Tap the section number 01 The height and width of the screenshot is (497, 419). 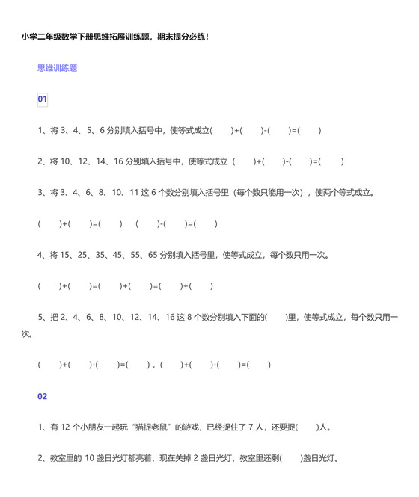click(43, 99)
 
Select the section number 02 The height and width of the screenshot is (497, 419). click(43, 396)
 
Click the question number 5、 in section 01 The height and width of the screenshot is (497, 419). click(43, 318)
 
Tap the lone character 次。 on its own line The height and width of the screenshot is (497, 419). click(28, 333)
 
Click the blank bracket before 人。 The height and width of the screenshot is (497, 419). click(306, 427)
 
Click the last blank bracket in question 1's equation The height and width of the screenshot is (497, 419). click(309, 130)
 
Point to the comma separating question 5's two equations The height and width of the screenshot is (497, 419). click(152, 365)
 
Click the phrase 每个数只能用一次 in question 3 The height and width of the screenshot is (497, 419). click(269, 192)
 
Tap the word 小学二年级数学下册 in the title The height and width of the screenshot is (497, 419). click(58, 36)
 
